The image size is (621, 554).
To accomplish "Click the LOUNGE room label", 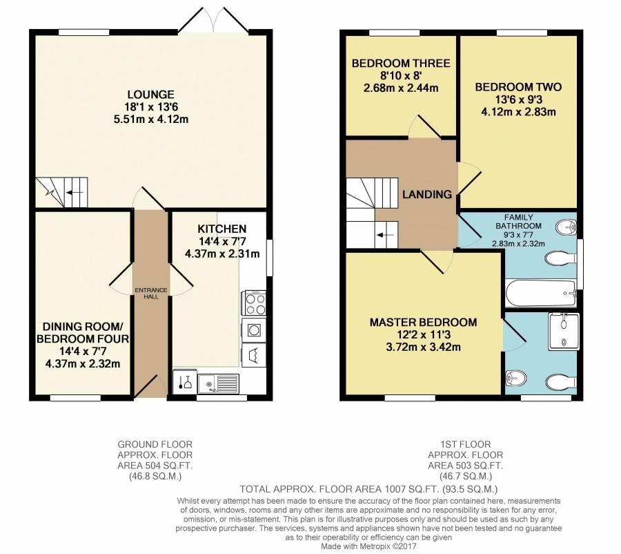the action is [x=151, y=95].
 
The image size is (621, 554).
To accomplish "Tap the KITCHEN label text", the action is [x=221, y=229].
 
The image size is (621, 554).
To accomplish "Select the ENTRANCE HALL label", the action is [x=151, y=293].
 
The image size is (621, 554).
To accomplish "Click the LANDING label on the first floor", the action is [x=427, y=194].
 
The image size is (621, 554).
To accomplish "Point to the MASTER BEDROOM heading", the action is [x=423, y=323].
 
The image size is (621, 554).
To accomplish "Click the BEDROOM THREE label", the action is [x=401, y=64].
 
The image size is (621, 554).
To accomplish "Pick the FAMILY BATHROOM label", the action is [x=518, y=222].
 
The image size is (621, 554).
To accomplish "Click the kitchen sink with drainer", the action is [x=219, y=383].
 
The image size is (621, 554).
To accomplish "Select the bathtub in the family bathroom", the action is [x=541, y=293].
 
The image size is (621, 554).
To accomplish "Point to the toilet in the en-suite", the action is [x=562, y=383].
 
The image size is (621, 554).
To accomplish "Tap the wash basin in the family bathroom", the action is [x=566, y=228].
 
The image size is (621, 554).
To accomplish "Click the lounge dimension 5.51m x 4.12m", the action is [x=151, y=119].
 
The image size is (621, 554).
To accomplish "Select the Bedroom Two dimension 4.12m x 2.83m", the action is [x=518, y=112].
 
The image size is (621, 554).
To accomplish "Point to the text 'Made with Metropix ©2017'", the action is [x=368, y=546].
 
